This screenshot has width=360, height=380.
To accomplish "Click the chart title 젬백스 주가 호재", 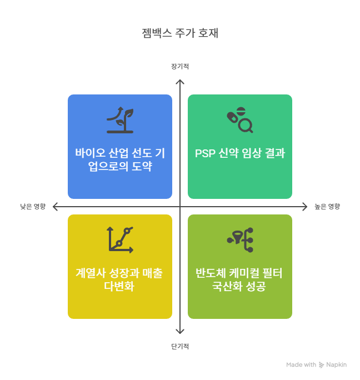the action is (x=180, y=33).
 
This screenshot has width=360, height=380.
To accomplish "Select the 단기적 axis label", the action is (x=180, y=347).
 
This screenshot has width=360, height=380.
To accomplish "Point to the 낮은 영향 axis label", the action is (x=33, y=207).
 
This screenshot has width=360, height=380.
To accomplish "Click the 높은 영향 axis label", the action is (x=327, y=207).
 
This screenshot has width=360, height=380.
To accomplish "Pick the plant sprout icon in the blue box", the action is (x=120, y=120).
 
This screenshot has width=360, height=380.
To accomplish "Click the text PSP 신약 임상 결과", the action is (x=240, y=154).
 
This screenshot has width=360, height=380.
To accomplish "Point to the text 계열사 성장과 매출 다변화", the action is (x=120, y=280).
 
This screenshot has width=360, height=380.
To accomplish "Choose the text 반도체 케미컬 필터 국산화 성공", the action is (x=240, y=280).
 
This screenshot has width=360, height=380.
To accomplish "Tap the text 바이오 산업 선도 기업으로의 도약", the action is (x=120, y=159).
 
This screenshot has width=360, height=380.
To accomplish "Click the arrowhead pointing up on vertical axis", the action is (x=180, y=81).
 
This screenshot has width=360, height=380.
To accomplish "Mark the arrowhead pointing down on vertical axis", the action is (x=180, y=332).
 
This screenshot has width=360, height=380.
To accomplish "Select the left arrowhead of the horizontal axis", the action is (x=55, y=207).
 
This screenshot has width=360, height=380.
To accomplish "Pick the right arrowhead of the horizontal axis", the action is (x=304, y=207).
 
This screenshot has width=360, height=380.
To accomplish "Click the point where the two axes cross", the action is (x=180, y=207).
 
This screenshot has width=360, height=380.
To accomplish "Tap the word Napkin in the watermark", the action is (x=337, y=364).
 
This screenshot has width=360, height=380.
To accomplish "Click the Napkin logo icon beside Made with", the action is (x=322, y=365).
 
